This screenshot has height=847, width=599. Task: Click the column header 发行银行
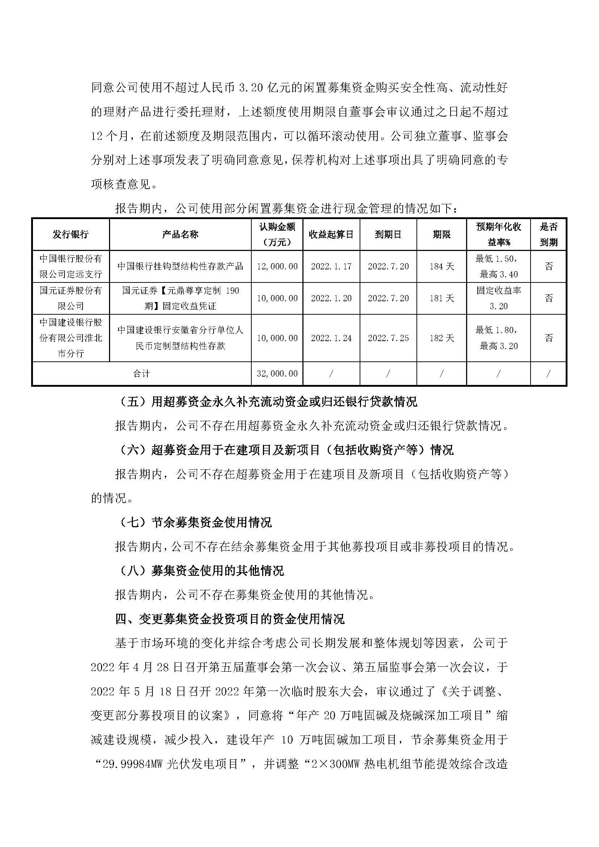[x=71, y=235]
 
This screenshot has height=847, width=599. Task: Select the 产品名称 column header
[x=180, y=235]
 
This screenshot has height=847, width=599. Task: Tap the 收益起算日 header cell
[x=331, y=235]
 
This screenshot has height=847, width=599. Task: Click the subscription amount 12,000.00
[x=277, y=267]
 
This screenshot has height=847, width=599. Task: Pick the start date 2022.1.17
[x=331, y=267]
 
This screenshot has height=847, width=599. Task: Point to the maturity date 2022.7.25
[x=388, y=338]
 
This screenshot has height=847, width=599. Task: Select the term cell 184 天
[x=441, y=267]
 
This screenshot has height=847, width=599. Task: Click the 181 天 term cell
[x=441, y=298]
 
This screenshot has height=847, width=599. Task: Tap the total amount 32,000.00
[x=277, y=374]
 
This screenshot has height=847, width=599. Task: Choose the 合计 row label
[x=142, y=374]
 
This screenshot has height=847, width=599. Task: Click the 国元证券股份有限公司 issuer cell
[x=71, y=298]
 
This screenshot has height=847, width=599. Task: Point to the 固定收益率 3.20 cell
[x=498, y=298]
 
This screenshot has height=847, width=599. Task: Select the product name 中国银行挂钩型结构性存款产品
[x=180, y=267]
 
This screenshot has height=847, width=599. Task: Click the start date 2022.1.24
[x=331, y=338]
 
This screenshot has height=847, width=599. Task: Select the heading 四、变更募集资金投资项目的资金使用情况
[x=230, y=619]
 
